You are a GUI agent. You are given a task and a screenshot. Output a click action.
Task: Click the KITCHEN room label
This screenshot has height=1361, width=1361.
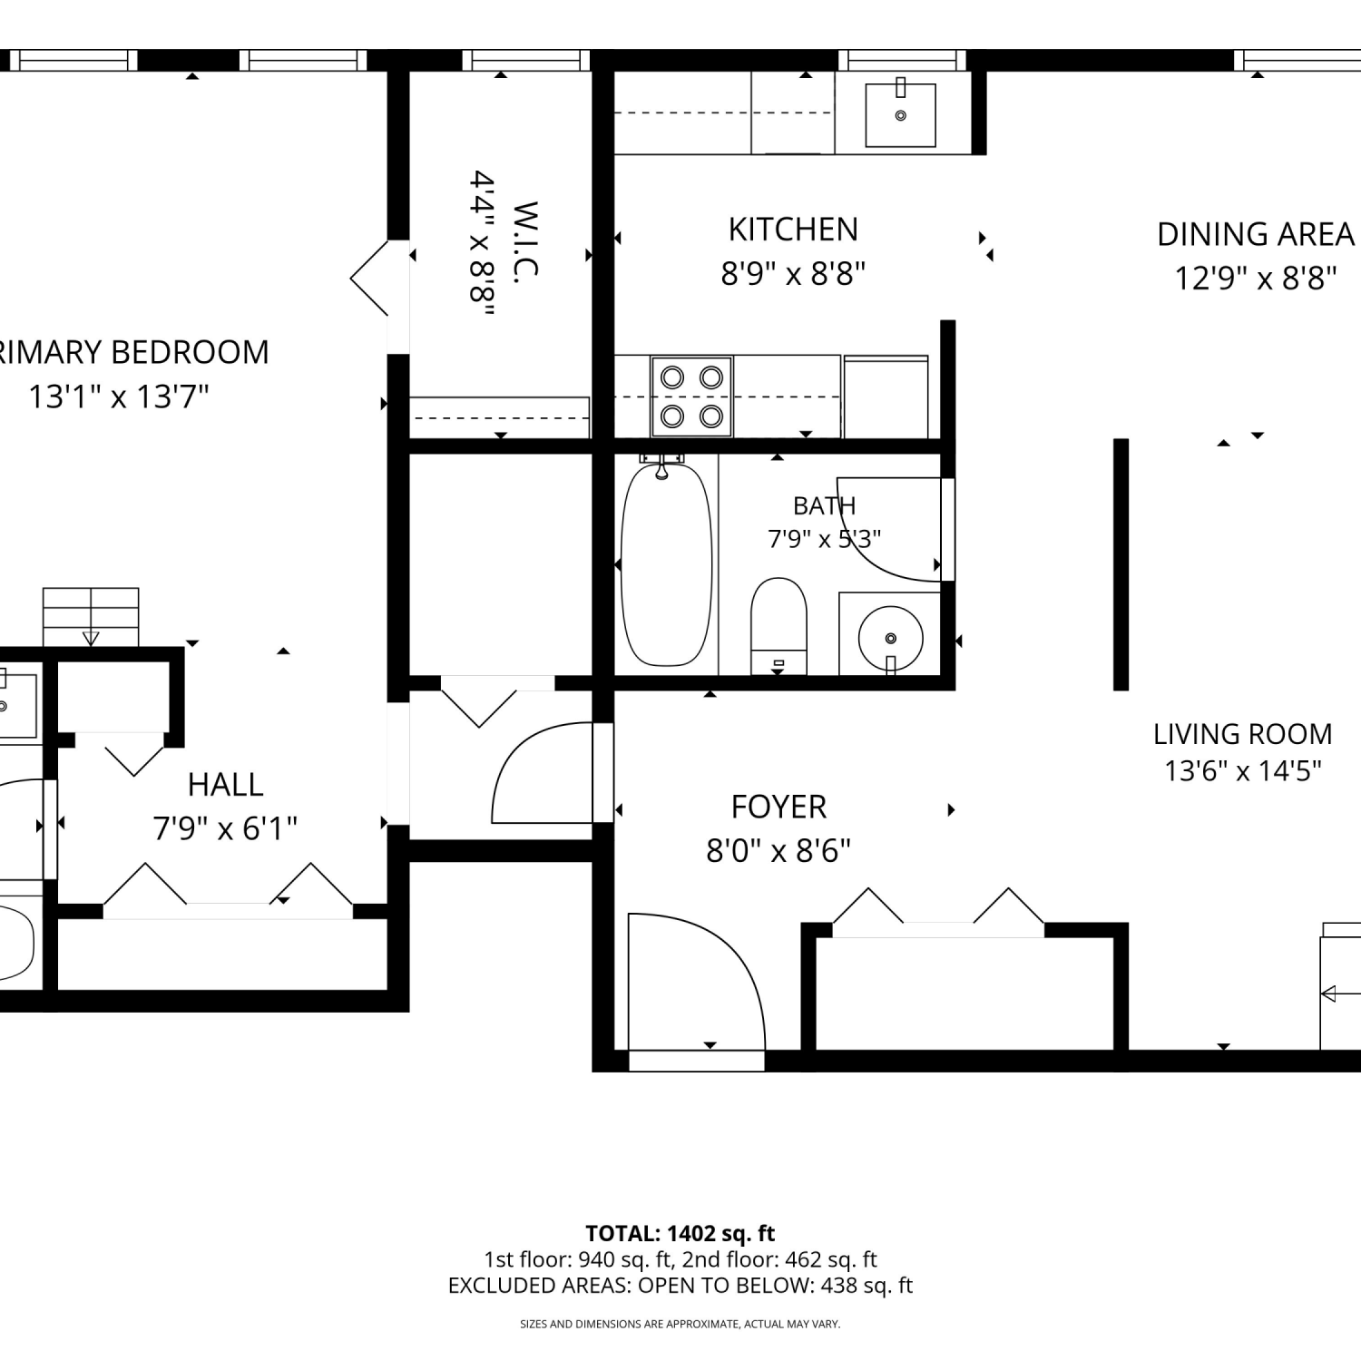pos(793,230)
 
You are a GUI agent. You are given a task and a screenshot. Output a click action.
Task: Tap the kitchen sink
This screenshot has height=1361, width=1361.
pos(900,114)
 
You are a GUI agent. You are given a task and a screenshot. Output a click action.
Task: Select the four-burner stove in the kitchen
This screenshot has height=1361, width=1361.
pos(691,396)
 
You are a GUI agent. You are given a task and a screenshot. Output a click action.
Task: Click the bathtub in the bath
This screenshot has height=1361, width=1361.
pos(666,564)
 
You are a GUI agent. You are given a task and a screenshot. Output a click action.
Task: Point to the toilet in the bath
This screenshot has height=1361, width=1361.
pos(779,626)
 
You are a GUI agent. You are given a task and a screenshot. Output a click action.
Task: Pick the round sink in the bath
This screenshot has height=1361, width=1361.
pos(890,634)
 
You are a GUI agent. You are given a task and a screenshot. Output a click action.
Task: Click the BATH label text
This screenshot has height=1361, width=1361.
pos(824,505)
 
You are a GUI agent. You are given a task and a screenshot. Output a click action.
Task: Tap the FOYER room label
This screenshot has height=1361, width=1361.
pos(778,807)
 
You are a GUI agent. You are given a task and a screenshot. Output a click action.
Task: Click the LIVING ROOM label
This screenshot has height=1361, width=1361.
pos(1242,733)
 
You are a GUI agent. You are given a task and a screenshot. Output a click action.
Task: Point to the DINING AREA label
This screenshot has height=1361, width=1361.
pos(1255,234)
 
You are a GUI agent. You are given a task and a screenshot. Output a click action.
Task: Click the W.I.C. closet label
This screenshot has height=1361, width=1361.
pos(525,239)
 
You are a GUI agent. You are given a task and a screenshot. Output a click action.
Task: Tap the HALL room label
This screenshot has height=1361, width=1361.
pos(225,784)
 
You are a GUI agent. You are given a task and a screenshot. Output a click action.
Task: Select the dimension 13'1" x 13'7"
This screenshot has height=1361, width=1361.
pos(119,397)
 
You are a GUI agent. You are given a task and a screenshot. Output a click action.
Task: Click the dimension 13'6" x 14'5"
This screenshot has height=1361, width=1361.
pos(1242,770)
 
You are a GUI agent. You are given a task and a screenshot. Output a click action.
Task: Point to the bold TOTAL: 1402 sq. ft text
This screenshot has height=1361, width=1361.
pos(680,1233)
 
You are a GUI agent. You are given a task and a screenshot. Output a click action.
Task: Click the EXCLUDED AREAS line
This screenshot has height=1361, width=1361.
pos(680,1286)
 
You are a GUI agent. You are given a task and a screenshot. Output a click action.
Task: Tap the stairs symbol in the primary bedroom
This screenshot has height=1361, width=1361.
pos(91,617)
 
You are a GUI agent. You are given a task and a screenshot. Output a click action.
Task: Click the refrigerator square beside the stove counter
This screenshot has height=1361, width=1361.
pos(886,397)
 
